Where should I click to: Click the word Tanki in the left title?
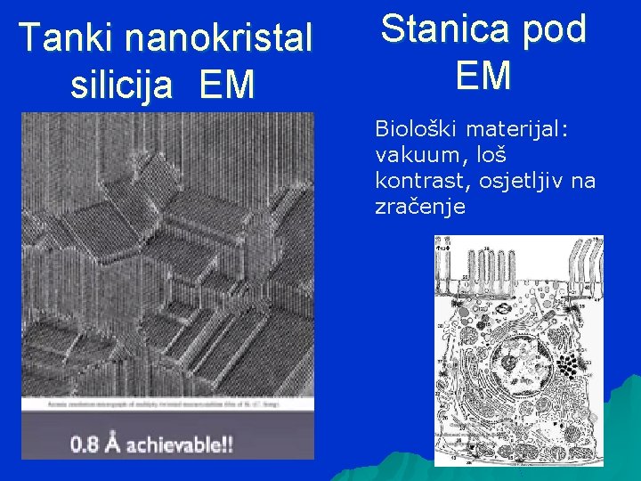[x=69, y=38]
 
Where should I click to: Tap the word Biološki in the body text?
[x=411, y=129]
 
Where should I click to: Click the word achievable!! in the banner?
[x=184, y=443]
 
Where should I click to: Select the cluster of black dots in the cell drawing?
[x=565, y=366]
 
